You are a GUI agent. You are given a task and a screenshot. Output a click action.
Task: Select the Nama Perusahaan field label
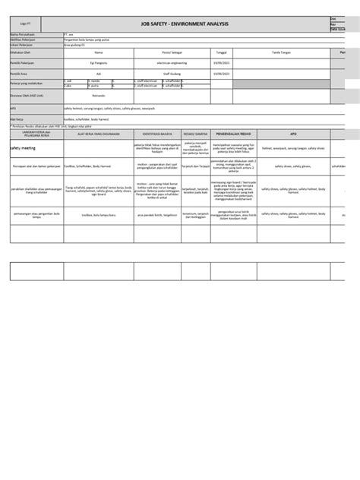pyautogui.click(x=22, y=34)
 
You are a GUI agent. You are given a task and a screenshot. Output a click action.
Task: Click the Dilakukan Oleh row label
pyautogui.click(x=21, y=52)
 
